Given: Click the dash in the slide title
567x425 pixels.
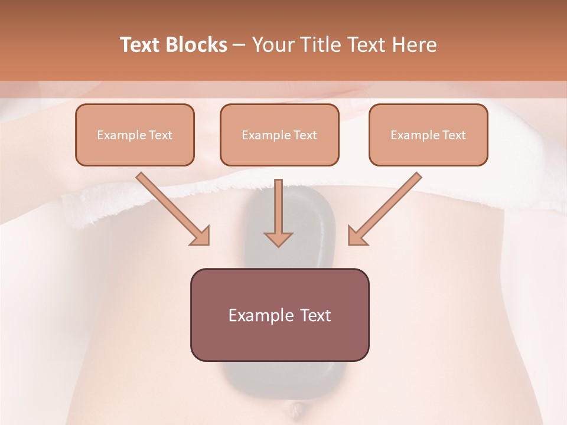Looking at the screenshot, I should click(239, 45).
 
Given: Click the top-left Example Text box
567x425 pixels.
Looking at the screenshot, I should click(135, 135).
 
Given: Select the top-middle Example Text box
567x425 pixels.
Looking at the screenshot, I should click(279, 135).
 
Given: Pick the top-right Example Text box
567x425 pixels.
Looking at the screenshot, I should click(428, 135).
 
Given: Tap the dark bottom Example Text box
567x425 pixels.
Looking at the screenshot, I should click(279, 315).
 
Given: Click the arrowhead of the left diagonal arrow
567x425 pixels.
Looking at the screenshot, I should click(201, 237).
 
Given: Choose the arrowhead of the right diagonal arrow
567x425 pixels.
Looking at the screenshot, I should click(357, 237).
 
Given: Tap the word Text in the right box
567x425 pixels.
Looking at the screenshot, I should click(454, 135).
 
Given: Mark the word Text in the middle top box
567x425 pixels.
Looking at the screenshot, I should click(305, 135).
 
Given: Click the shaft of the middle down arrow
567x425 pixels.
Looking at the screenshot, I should click(278, 204).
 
